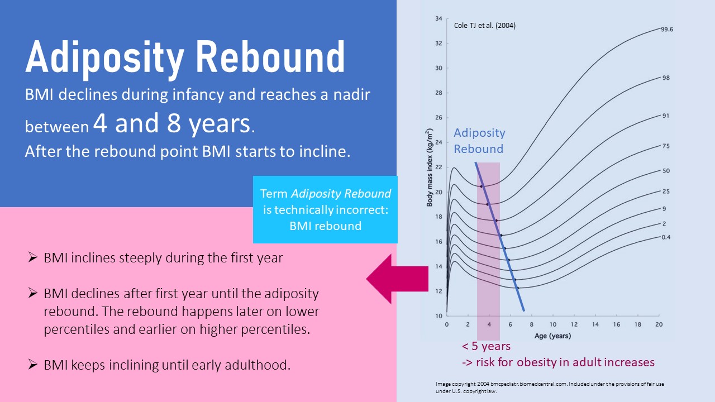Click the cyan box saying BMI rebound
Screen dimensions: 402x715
[325, 210]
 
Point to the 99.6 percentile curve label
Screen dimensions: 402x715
[666, 30]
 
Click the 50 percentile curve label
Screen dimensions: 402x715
[666, 171]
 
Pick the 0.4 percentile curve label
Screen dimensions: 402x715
[666, 237]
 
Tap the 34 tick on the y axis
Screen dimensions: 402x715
[438, 18]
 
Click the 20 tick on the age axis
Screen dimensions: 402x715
[659, 324]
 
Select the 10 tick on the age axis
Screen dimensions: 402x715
[552, 324]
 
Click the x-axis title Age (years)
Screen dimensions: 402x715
[552, 336]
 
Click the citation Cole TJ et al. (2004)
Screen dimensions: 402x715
[484, 25]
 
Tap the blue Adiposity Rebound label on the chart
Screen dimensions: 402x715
[479, 141]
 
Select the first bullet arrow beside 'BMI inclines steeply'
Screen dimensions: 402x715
[33, 258]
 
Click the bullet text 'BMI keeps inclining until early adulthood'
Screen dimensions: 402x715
[167, 365]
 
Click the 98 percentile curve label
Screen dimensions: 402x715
[666, 78]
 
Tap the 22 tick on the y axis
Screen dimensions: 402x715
[438, 167]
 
